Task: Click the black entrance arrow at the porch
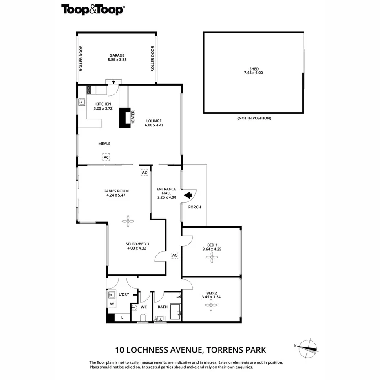pos(188,196)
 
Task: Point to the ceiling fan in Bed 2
pos(211,303)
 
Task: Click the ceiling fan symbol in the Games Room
pos(128,221)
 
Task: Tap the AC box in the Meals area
pos(106,157)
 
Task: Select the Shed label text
pos(254,69)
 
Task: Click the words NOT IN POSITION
pos(254,118)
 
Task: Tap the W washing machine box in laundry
pos(112,304)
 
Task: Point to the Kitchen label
pos(103,104)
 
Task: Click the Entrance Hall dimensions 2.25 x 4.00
pos(167,197)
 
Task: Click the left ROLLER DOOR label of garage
pos(81,59)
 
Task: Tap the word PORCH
pos(194,207)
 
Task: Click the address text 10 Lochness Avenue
pos(159,349)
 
